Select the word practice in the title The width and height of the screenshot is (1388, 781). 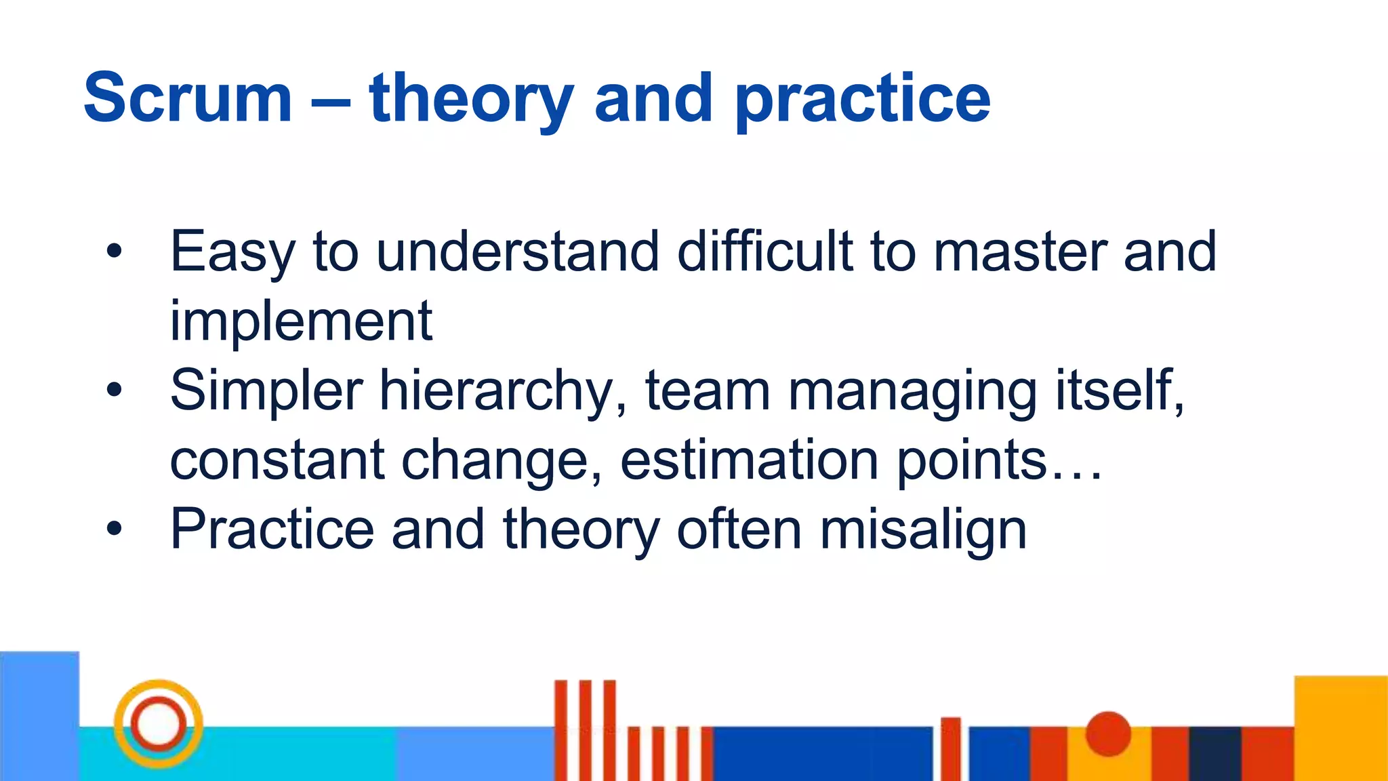pyautogui.click(x=862, y=102)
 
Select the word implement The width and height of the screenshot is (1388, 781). pyautogui.click(x=300, y=322)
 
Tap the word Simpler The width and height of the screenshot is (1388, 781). pyautogui.click(x=266, y=392)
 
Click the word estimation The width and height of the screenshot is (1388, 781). pyautogui.click(x=750, y=460)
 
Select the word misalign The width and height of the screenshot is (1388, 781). pyautogui.click(x=923, y=530)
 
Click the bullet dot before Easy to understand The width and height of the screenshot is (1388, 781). pyautogui.click(x=114, y=251)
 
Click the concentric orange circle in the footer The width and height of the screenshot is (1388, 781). pyautogui.click(x=158, y=723)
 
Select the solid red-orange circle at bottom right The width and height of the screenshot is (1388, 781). pyautogui.click(x=1108, y=734)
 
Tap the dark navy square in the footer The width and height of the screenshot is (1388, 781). pyautogui.click(x=1214, y=753)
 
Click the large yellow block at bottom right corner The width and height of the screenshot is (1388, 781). pyautogui.click(x=1340, y=727)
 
